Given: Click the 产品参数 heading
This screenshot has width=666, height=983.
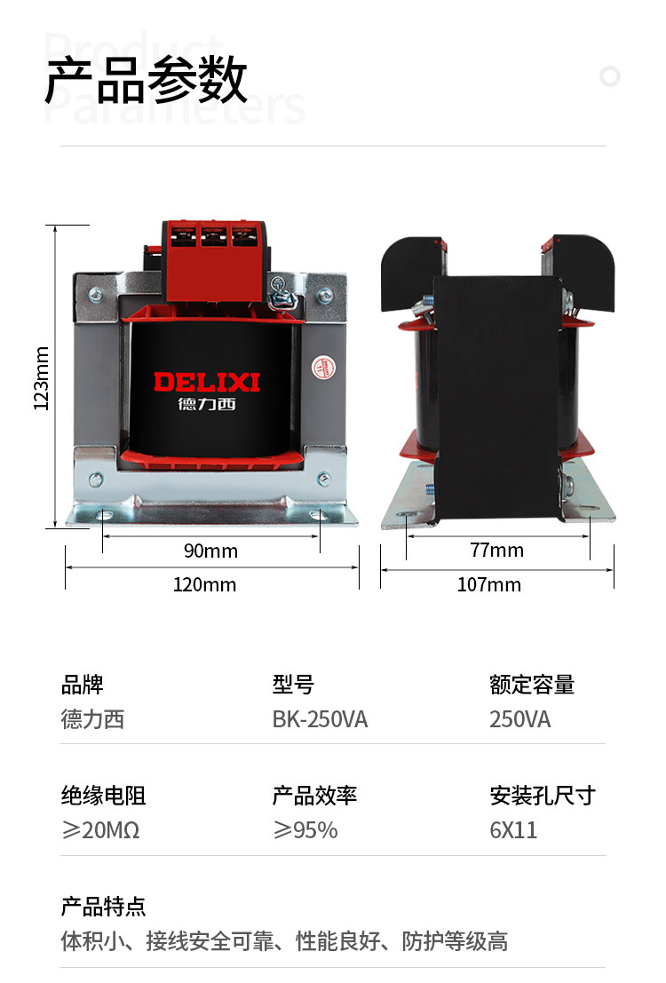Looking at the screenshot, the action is click(x=147, y=81).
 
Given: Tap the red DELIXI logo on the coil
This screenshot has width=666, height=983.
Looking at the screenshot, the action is click(x=207, y=383).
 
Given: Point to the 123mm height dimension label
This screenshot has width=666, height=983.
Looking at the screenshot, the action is click(x=41, y=377).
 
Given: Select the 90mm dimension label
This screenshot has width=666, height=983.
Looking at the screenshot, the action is click(x=210, y=551).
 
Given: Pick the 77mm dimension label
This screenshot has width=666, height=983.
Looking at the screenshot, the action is click(x=496, y=550).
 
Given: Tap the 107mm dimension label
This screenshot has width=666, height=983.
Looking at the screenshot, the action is click(x=488, y=584).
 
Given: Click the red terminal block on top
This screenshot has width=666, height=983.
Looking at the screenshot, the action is click(x=216, y=258).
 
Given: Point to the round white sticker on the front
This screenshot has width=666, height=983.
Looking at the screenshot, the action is click(x=322, y=365).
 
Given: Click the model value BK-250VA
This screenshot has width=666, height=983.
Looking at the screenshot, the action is click(x=320, y=719).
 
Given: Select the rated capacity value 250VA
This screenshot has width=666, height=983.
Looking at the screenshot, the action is click(x=520, y=719).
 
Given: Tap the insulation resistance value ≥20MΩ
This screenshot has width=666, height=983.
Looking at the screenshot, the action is click(x=100, y=830).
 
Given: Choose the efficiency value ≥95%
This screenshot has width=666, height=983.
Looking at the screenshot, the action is click(x=305, y=830).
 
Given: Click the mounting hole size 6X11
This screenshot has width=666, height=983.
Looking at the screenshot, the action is click(x=513, y=830).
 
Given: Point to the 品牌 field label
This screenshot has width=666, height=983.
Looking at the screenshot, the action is click(x=82, y=685).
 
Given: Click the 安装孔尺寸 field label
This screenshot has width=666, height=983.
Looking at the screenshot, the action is click(x=543, y=795).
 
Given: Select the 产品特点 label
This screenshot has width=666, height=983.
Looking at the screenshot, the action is click(x=103, y=907).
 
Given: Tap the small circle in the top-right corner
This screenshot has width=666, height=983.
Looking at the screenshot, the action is click(x=610, y=75).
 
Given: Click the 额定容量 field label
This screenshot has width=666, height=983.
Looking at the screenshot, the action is click(x=532, y=685).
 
